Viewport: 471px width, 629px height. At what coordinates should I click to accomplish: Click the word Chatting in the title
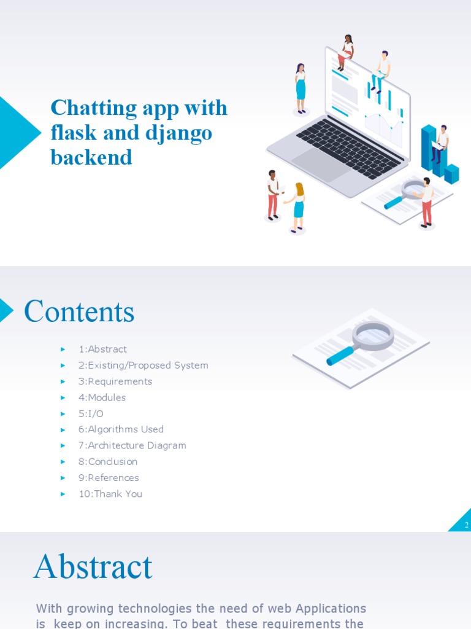[x=93, y=107]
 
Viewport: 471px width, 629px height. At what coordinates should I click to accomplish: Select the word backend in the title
[x=91, y=157]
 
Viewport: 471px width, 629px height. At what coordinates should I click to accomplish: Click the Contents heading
[x=79, y=311]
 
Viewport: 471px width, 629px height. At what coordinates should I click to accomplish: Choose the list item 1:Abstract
[x=102, y=349]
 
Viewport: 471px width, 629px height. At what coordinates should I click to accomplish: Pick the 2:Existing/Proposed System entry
[x=143, y=365]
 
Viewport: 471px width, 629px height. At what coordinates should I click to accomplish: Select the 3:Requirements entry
[x=115, y=381]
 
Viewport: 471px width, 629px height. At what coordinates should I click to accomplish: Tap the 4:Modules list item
[x=102, y=397]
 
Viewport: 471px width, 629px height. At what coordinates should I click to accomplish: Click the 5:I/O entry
[x=91, y=413]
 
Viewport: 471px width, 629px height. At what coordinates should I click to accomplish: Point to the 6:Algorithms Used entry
[x=121, y=429]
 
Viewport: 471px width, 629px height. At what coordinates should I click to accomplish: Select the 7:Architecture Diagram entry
[x=132, y=445]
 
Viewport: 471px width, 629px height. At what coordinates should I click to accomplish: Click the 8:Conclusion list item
[x=108, y=462]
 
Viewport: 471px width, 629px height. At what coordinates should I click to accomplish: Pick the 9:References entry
[x=109, y=478]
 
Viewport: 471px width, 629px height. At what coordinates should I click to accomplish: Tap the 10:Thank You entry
[x=110, y=494]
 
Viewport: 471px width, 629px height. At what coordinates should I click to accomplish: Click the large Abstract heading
[x=93, y=566]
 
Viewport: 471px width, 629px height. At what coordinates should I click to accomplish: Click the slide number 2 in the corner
[x=467, y=525]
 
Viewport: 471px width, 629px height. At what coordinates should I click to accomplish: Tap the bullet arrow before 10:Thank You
[x=63, y=494]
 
